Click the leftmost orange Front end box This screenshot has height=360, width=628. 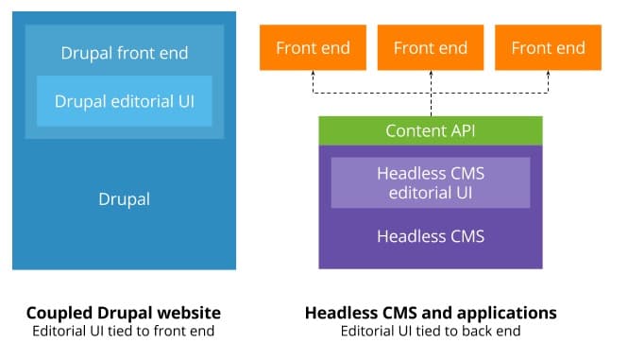coord(313,47)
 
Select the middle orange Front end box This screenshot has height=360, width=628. coord(431,47)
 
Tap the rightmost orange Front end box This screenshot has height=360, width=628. coord(548,47)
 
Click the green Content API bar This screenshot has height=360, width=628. coord(431,130)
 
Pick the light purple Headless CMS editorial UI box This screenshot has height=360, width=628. coord(431,182)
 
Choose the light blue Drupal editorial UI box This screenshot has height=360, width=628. coord(125,101)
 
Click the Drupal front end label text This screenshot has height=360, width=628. coord(125,53)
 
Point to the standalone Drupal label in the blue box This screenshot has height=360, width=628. coord(125,199)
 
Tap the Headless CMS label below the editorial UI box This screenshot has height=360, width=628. coord(431,236)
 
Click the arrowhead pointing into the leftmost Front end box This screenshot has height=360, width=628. coord(313,76)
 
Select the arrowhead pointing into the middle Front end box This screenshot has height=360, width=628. coord(431,76)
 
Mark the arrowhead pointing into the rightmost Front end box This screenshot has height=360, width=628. coord(548,76)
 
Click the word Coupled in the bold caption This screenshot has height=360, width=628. coord(58,313)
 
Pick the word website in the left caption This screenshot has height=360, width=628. coord(187,313)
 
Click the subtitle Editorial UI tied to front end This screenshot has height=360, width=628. coord(124,331)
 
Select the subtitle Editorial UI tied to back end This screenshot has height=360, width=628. coord(431,331)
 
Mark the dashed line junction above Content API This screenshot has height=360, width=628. coord(431,94)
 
